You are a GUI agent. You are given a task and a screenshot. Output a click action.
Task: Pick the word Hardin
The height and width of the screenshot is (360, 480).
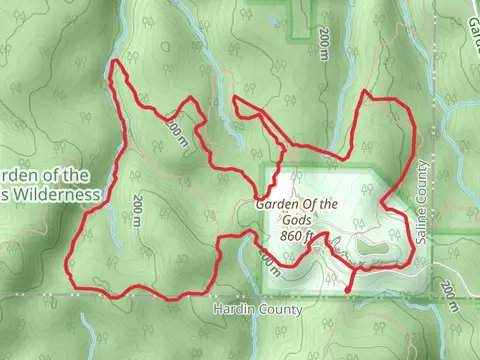pyautogui.click(x=235, y=310)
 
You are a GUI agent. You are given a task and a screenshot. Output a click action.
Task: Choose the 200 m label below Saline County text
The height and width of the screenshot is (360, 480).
pyautogui.click(x=449, y=293)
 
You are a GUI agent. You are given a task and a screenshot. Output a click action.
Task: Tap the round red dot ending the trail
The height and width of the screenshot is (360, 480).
pyautogui.click(x=348, y=291)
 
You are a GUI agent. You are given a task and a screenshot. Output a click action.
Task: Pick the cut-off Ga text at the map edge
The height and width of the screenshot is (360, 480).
pyautogui.click(x=472, y=20)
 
